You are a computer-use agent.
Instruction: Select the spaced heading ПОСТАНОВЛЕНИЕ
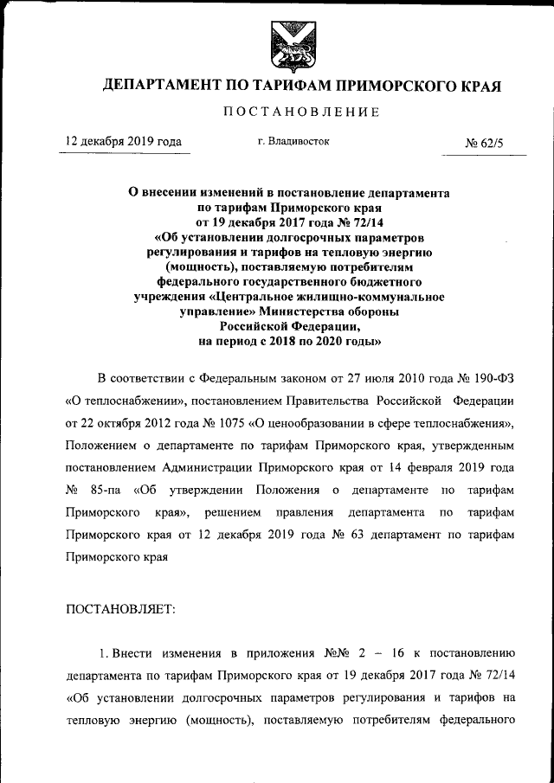[302, 112]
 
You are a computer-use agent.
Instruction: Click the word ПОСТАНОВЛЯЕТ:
[120, 609]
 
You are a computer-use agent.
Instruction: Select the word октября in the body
[124, 423]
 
